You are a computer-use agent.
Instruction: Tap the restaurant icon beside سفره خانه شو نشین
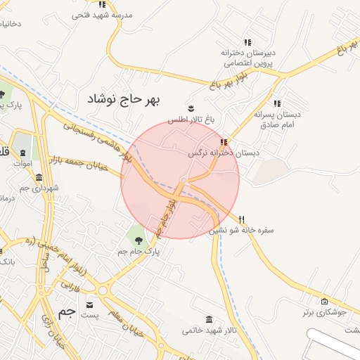pyautogui.click(x=243, y=219)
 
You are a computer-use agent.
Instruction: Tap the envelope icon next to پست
pyautogui.click(x=90, y=304)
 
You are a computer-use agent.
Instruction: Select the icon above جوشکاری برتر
pyautogui.click(x=315, y=300)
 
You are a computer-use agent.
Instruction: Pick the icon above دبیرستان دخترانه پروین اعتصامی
pyautogui.click(x=247, y=42)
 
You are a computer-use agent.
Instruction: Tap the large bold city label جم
pyautogui.click(x=66, y=311)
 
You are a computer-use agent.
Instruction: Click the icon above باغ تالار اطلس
pyautogui.click(x=191, y=108)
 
